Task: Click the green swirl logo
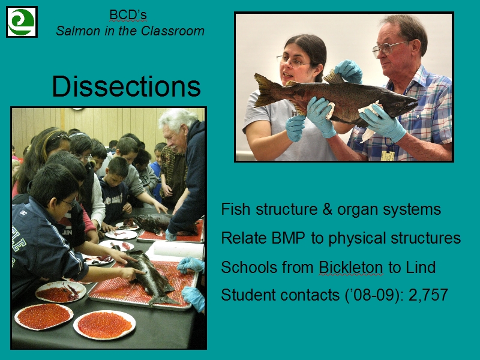[x=22, y=22]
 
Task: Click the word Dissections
[x=126, y=86]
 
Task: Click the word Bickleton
[x=351, y=267]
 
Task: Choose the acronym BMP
[x=289, y=238]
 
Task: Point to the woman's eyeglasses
[x=293, y=61]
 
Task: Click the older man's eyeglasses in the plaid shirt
[x=389, y=47]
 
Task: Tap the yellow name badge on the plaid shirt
[x=388, y=155]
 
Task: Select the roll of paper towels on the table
[x=178, y=250]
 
